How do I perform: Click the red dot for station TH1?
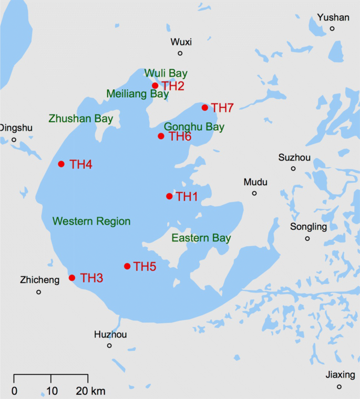[169, 196]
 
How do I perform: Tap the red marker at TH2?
[155, 86]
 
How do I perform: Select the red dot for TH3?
[72, 278]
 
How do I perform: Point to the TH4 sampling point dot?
[61, 164]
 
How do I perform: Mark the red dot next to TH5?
[127, 266]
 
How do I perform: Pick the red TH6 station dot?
[161, 136]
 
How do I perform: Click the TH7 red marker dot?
[205, 108]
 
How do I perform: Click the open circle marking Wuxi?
[180, 53]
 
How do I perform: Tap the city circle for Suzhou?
[293, 169]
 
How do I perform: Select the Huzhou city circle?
[109, 345]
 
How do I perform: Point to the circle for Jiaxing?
[339, 387]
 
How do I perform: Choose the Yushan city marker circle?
[332, 28]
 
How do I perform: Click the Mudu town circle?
[254, 193]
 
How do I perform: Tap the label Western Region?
[91, 222]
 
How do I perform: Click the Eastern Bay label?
[201, 238]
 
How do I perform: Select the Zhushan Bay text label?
[81, 119]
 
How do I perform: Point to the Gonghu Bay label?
[194, 127]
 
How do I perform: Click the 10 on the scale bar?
[51, 391]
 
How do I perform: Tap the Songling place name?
[308, 227]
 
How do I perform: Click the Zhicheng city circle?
[38, 292]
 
